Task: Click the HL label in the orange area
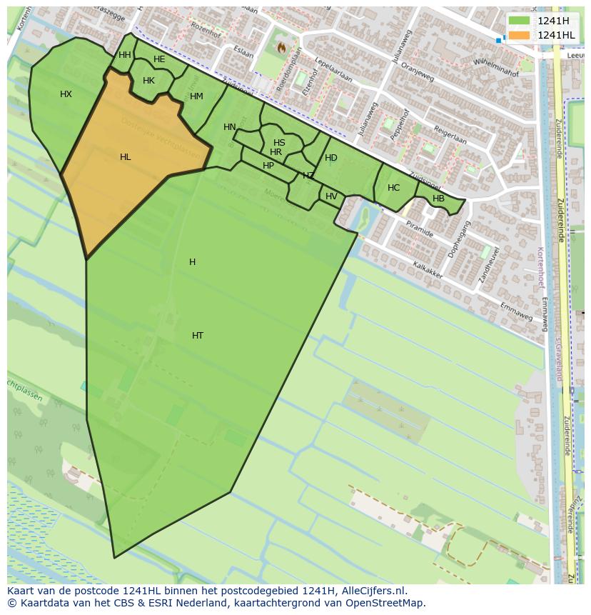(x=125, y=157)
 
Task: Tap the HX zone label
(x=66, y=94)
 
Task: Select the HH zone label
(x=125, y=55)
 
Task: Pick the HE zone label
(x=159, y=59)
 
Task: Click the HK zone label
(x=148, y=81)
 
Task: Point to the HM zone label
(x=196, y=96)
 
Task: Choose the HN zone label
(x=229, y=127)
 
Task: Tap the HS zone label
(x=279, y=143)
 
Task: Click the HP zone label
(x=268, y=166)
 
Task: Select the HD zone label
(x=331, y=158)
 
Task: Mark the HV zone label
(x=331, y=196)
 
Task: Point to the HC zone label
(x=393, y=188)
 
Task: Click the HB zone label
(x=438, y=199)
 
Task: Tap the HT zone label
(x=198, y=336)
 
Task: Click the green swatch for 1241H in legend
(x=519, y=21)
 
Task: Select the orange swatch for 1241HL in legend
(x=519, y=35)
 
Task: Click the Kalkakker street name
(x=428, y=270)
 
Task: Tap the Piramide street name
(x=419, y=229)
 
